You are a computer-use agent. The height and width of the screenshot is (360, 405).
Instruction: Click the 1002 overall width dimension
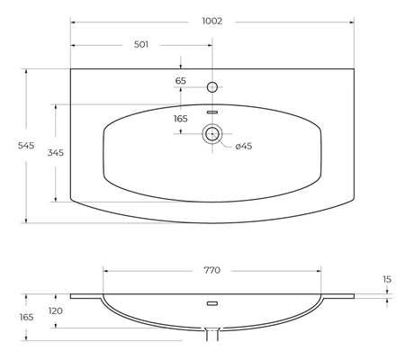(x=212, y=22)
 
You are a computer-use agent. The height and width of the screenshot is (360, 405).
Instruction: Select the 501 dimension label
(x=141, y=45)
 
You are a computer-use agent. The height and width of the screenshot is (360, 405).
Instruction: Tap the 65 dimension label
(x=181, y=81)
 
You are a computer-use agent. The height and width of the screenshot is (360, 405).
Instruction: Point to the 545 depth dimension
(x=26, y=146)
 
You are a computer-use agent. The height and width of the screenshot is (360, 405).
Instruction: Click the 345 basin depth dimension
(x=56, y=153)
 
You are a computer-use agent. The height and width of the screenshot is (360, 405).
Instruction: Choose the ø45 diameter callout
(x=244, y=147)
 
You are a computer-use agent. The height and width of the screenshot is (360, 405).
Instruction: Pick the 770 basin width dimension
(x=212, y=270)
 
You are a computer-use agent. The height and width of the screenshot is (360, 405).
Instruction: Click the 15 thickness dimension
(x=387, y=280)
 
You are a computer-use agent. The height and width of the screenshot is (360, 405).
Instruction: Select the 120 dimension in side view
(x=56, y=311)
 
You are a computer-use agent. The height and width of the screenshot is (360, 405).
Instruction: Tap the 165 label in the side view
(x=26, y=317)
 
